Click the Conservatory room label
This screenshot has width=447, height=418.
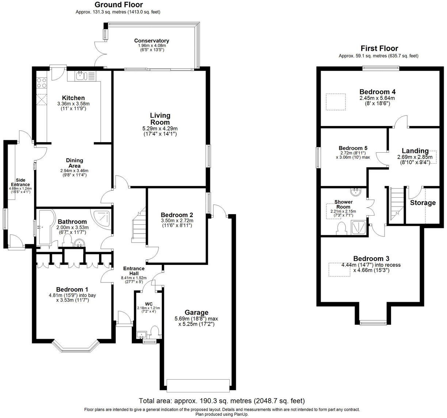coord(151,41)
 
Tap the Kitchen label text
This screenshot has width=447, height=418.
coord(73,98)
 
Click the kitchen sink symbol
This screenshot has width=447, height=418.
coord(81,76)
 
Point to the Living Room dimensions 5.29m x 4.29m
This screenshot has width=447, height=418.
coord(160,129)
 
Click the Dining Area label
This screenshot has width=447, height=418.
coord(74,163)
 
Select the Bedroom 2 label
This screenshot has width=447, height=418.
coord(177,215)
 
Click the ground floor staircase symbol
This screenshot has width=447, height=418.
coord(139,227)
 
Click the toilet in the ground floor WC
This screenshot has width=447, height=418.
coord(154,332)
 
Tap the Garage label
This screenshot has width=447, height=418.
coord(196,312)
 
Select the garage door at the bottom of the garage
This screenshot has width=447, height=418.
coord(198,385)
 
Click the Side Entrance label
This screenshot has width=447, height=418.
coord(20,182)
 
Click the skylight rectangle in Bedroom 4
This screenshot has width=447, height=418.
coord(336,102)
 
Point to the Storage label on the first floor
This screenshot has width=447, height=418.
coord(423,203)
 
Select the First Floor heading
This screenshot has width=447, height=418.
coord(379,48)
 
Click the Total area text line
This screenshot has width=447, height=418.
coord(222,401)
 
